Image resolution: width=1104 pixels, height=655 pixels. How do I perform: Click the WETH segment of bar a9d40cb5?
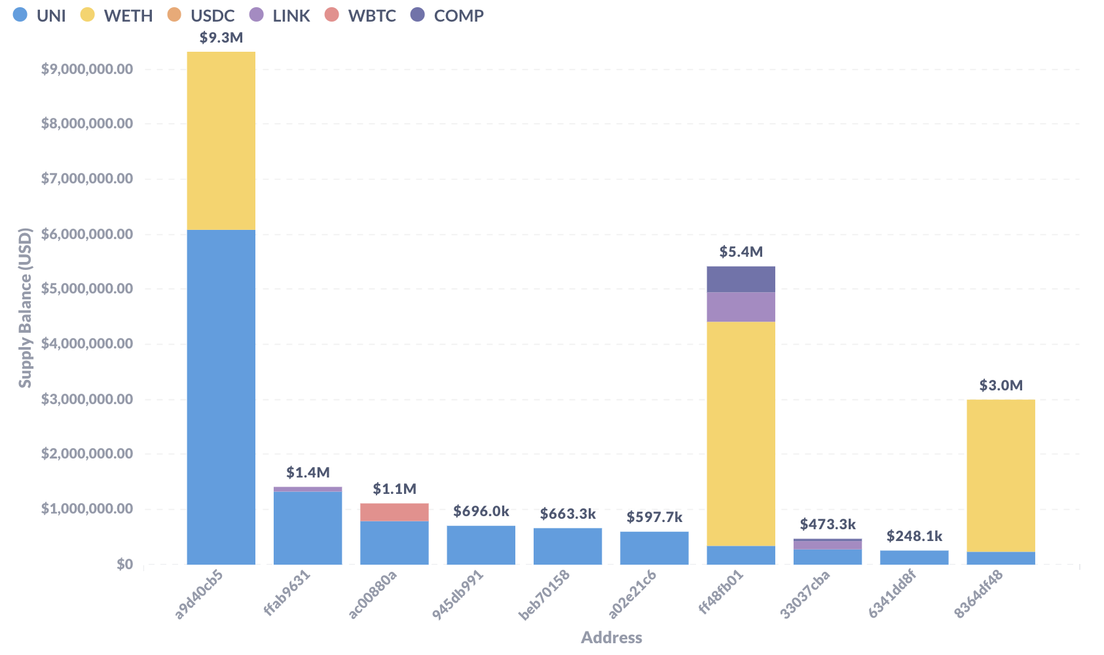(221, 141)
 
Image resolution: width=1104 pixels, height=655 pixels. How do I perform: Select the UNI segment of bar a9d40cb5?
(221, 397)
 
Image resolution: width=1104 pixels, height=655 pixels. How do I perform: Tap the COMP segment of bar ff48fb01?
(741, 279)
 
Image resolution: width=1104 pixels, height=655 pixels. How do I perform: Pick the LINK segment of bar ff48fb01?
(741, 307)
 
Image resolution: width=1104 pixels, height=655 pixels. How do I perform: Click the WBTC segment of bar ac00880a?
(394, 512)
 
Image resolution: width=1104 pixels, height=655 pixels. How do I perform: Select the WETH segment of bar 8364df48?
(1001, 476)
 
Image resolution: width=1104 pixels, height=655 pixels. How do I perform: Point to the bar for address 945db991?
(481, 545)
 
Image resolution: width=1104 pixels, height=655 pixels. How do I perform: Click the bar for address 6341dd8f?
(914, 557)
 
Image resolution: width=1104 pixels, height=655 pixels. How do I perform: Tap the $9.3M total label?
(221, 38)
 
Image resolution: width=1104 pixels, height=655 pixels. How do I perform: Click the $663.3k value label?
(568, 514)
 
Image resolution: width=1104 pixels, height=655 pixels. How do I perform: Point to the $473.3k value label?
(828, 525)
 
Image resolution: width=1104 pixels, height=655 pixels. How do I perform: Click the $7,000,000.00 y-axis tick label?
(87, 179)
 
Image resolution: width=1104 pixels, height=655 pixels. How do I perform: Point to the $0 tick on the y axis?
(124, 564)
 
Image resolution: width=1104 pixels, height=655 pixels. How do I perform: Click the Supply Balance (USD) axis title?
(25, 308)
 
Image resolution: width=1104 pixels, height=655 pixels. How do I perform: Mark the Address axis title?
(611, 637)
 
